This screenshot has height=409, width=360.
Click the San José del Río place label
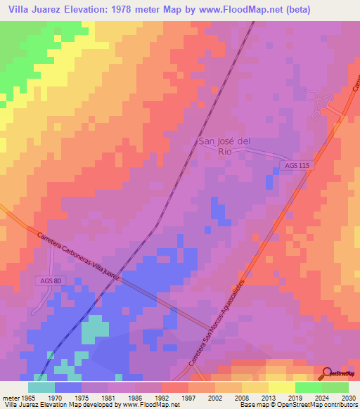[x=224, y=145]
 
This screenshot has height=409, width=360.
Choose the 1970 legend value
[x=55, y=396]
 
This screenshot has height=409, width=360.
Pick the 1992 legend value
[x=162, y=396]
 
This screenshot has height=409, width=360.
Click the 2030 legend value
[x=348, y=396]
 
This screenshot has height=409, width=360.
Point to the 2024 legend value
[x=321, y=396]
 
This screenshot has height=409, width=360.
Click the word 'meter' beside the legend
[x=10, y=396]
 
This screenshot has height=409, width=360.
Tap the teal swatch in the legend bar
[x=41, y=387]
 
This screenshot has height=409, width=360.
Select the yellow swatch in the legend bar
[x=282, y=387]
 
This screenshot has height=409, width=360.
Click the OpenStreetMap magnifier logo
[x=326, y=372]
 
